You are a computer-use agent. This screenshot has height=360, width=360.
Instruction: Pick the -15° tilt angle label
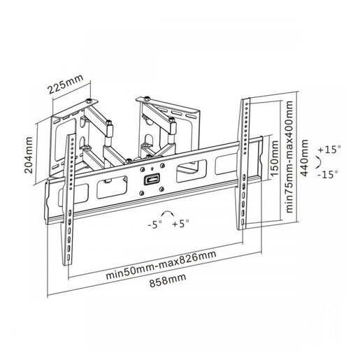(326, 173)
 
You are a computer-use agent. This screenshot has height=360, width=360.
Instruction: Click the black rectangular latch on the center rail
(149, 180)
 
